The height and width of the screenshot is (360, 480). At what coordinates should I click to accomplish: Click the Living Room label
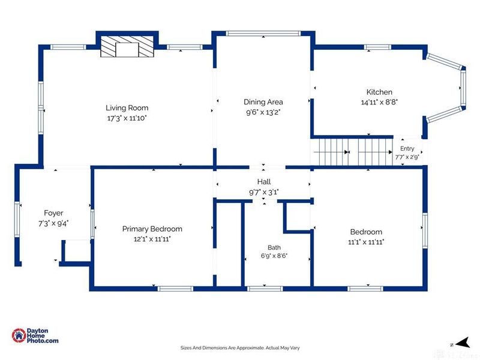coord(127,108)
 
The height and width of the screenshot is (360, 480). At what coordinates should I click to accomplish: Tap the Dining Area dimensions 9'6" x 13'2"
coord(263,112)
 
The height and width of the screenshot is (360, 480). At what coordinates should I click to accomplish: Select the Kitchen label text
coord(379,92)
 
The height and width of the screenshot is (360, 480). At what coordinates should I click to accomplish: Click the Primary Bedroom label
coord(152,229)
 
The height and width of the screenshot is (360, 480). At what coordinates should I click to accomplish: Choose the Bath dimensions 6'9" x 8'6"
coord(274,256)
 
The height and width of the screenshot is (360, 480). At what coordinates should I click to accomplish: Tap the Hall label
coord(264,182)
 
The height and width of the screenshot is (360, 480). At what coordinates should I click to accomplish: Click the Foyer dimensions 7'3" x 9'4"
coord(53,223)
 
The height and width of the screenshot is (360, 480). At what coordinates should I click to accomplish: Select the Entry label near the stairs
coord(407,148)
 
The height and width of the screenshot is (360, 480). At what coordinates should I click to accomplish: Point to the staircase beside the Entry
coord(352,152)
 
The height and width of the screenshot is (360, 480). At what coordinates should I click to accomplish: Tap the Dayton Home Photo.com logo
coord(35,335)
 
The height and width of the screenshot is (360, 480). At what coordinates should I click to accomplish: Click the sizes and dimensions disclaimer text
coord(240,348)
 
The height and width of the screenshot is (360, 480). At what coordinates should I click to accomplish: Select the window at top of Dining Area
coord(263,34)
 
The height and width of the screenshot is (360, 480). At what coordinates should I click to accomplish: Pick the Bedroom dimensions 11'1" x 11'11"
coord(366,242)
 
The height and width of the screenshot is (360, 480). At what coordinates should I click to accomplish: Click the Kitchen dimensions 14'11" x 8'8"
coord(379,102)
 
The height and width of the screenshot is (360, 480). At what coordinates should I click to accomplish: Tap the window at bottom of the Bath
coord(265,289)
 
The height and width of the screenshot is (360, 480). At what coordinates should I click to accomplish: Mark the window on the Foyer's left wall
coord(17,219)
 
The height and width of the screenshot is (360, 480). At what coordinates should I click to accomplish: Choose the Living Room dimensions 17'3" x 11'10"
coord(127,118)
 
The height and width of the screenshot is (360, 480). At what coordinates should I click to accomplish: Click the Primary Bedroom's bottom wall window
coord(175,289)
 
